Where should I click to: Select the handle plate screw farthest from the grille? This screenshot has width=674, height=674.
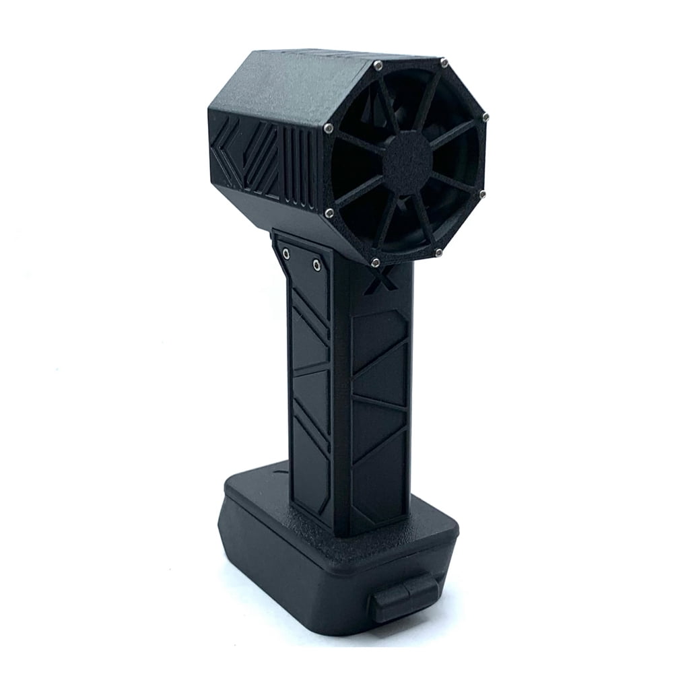click(287, 254)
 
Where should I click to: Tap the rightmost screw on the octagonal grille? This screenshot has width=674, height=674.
click(485, 117)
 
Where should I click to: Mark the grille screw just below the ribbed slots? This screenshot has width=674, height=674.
click(329, 213)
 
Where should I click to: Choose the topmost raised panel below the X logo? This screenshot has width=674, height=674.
click(378, 337)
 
